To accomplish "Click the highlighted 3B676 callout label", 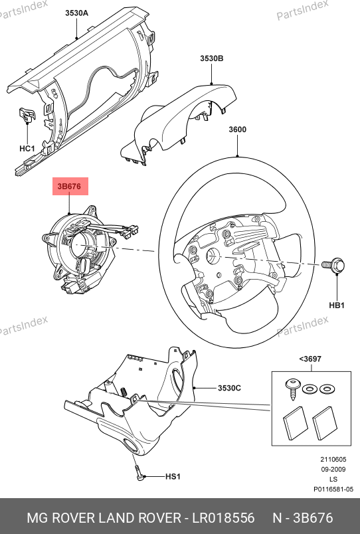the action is pyautogui.click(x=70, y=186).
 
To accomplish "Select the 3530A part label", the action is pyautogui.click(x=76, y=13).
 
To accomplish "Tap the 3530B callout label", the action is pyautogui.click(x=211, y=58).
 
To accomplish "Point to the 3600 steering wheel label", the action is pyautogui.click(x=237, y=130).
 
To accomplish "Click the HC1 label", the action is pyautogui.click(x=27, y=149).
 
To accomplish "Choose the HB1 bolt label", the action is pyautogui.click(x=337, y=306).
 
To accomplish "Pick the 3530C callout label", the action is pyautogui.click(x=229, y=388).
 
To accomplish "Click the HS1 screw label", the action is pyautogui.click(x=173, y=476).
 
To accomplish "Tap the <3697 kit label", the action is pyautogui.click(x=310, y=359).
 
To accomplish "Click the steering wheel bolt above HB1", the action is pyautogui.click(x=333, y=266).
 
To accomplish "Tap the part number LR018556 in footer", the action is pyautogui.click(x=223, y=518).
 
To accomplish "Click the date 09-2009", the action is pyautogui.click(x=333, y=470).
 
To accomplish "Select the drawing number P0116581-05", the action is pyautogui.click(x=333, y=489).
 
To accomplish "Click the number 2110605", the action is pyautogui.click(x=333, y=460).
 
